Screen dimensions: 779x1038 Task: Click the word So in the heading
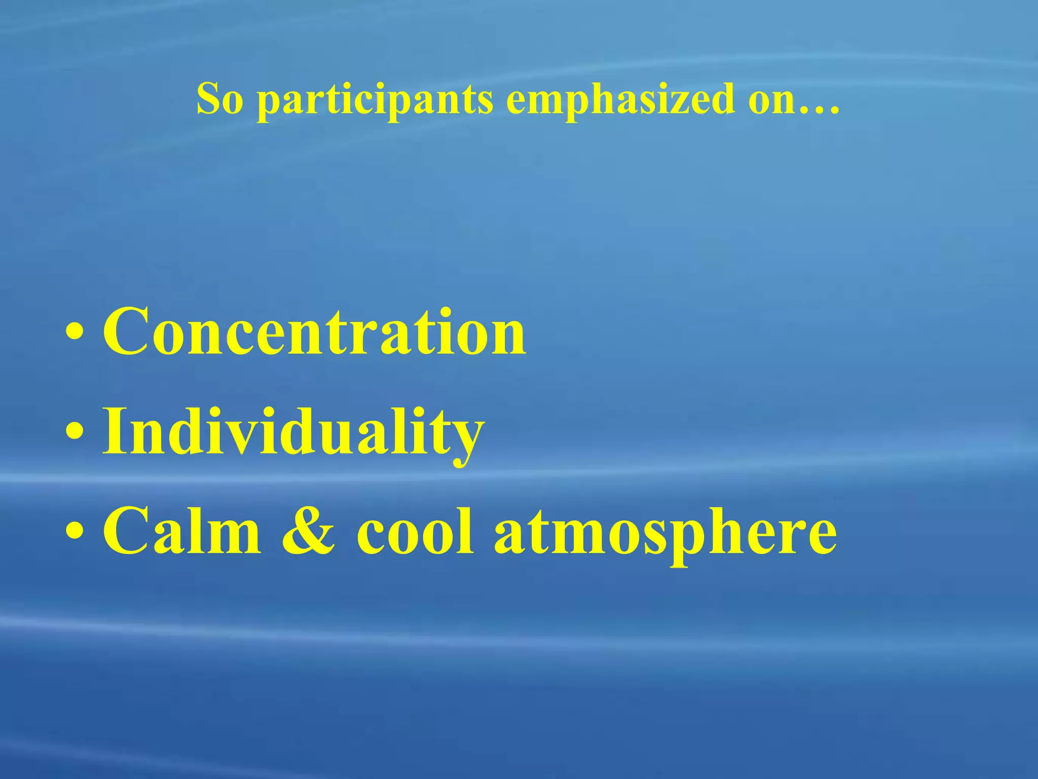220,99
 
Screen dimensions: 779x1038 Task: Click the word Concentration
314,332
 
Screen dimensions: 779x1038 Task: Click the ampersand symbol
308,532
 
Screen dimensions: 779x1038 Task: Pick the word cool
416,532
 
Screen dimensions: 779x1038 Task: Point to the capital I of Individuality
115,431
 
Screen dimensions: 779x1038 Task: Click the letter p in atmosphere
688,543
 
